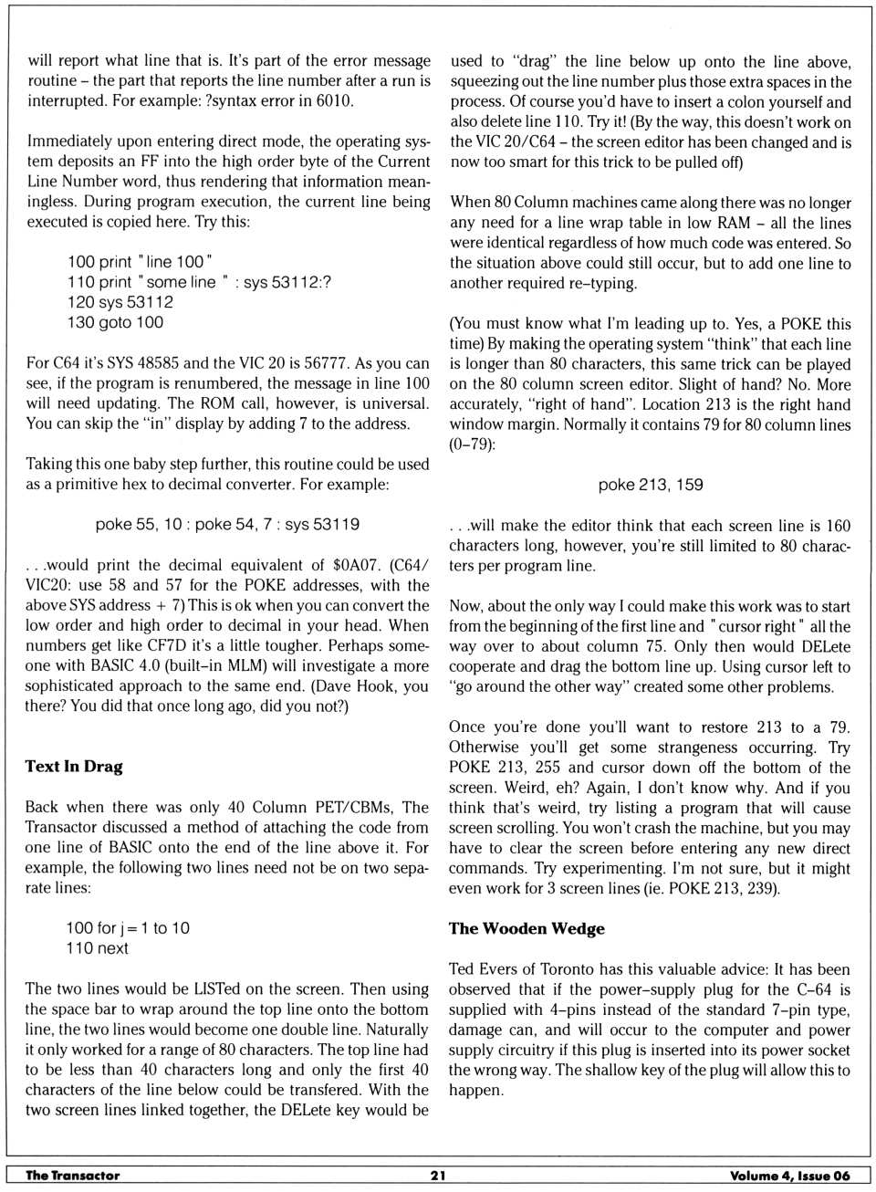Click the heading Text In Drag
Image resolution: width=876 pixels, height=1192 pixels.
(74, 767)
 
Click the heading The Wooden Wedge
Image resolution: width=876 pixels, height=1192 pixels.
(527, 928)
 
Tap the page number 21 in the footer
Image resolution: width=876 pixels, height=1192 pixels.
(438, 1176)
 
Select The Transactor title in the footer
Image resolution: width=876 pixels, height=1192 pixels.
(73, 1176)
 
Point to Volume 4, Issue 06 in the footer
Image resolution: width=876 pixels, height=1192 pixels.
(789, 1176)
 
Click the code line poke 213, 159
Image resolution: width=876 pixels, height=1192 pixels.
(651, 485)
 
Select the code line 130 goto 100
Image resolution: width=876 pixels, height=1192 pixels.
(115, 322)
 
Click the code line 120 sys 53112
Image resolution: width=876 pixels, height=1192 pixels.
(120, 302)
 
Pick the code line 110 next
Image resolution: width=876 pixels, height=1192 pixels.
(97, 948)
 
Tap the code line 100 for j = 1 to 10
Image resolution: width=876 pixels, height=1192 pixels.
(128, 928)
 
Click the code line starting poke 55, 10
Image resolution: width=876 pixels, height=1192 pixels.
(227, 525)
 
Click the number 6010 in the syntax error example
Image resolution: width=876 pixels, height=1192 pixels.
(333, 100)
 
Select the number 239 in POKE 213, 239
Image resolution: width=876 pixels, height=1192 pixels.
(761, 888)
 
